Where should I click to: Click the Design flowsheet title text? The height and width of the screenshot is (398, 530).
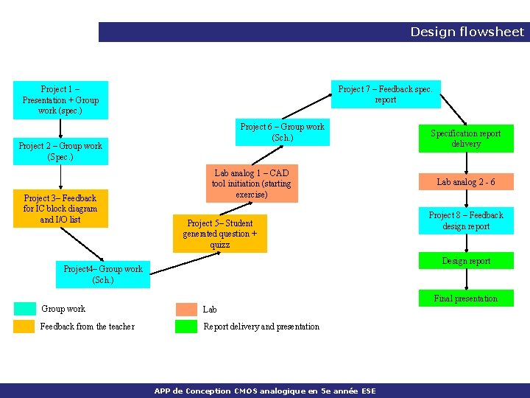pos(467,32)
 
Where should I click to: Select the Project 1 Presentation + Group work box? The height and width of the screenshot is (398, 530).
pos(60,100)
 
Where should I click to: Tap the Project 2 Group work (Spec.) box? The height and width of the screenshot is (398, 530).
pos(60,151)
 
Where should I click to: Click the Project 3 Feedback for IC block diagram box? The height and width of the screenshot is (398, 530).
pos(60,209)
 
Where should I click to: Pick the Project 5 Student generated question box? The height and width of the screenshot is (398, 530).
pos(219,234)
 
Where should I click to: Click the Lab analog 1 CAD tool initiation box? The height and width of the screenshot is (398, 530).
pos(252,184)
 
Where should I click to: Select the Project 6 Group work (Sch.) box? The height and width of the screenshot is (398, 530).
pos(282,133)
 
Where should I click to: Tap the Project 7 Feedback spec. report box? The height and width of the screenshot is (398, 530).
pos(385,94)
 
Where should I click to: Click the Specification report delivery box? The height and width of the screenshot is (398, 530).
pos(465,139)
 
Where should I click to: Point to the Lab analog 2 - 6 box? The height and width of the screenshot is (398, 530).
pos(465,182)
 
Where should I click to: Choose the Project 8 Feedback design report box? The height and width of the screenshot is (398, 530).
pos(465,220)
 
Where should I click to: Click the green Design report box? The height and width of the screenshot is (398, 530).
pos(465,261)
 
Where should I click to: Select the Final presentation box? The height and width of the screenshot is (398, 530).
pos(465,298)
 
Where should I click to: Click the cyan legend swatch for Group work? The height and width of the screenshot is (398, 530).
pos(24,309)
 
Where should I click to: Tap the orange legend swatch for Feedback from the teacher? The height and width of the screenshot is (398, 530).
pos(24,327)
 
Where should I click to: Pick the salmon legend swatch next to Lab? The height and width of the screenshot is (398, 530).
pos(186,309)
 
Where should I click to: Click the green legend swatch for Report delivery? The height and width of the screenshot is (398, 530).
pos(186,327)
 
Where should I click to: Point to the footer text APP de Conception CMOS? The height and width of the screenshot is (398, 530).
pos(265,391)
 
